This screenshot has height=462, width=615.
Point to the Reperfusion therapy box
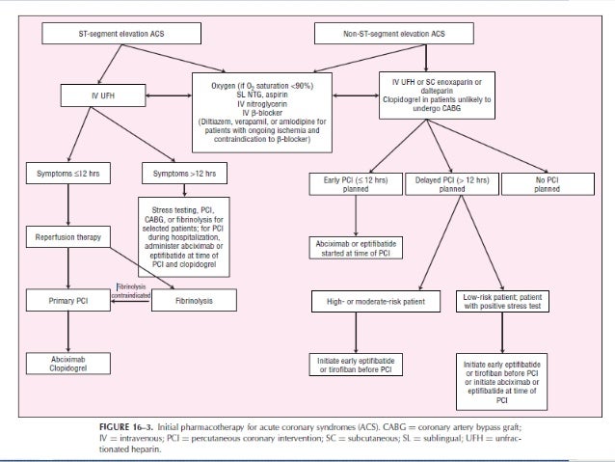pos(67,236)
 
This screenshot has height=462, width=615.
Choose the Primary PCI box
pos(67,301)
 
